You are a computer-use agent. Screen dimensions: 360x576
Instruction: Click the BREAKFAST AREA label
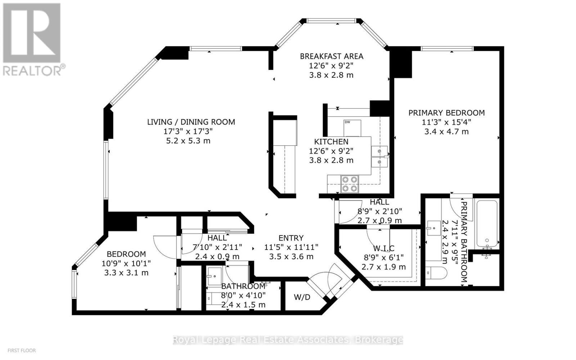coord(332,56)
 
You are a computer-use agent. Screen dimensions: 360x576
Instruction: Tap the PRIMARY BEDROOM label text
coord(446,113)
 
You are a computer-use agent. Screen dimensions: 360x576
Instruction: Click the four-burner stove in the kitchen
coord(350,184)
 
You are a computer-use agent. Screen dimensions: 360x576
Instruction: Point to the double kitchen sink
coord(379,157)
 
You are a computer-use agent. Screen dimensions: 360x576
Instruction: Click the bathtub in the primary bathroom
coord(487,223)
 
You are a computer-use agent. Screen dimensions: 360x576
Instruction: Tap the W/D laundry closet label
coord(302,297)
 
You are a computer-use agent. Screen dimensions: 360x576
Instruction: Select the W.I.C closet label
coord(383,248)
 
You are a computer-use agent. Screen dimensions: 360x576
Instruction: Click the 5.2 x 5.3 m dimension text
coord(188,141)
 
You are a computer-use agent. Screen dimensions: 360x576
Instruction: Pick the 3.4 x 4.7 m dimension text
coord(446,131)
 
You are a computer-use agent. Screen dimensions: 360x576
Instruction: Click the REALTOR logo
coord(32,40)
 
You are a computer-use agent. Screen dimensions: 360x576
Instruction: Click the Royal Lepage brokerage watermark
coord(288,340)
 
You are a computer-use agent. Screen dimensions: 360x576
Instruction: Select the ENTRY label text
coord(291,238)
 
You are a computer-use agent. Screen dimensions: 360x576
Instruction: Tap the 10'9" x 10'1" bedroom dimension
coord(126,263)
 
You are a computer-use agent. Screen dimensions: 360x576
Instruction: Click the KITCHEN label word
coord(331,141)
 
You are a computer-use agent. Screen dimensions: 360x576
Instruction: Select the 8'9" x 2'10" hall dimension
coord(379,211)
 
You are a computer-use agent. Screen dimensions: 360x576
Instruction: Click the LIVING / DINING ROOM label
coord(191,122)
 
